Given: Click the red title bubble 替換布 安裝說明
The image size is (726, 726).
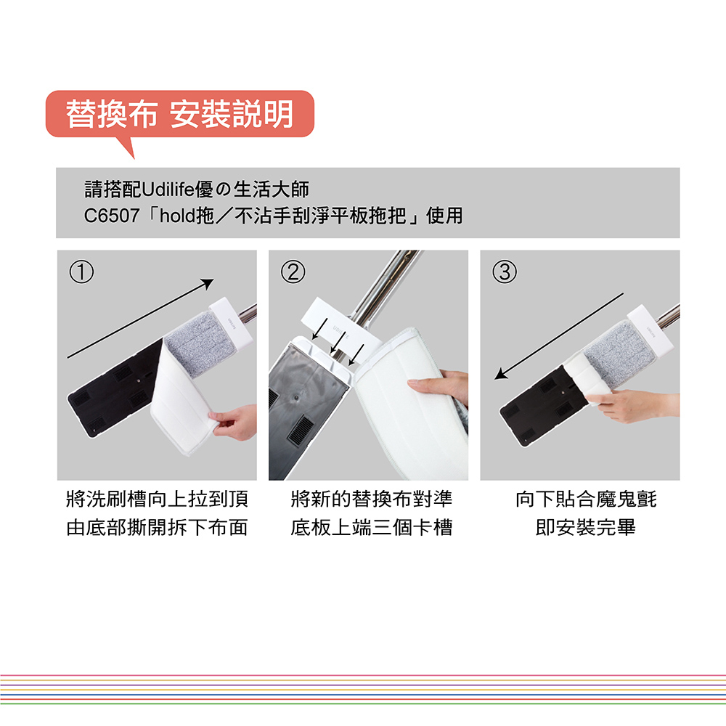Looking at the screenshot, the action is click(x=179, y=115).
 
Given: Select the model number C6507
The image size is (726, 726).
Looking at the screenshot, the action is click(x=112, y=216).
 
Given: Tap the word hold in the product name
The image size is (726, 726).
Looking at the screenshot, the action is click(x=178, y=216).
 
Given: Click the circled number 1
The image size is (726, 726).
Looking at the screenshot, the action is click(x=81, y=272).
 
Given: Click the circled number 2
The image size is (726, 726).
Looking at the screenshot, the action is click(x=293, y=272).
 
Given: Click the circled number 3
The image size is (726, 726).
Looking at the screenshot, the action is click(x=505, y=272).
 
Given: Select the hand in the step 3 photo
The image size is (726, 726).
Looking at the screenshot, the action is click(x=635, y=404).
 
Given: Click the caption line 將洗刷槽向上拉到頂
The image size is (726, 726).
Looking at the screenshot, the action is click(x=158, y=499).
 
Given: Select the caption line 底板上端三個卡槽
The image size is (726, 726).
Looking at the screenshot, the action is click(x=371, y=527).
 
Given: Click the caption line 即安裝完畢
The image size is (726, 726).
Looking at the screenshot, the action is click(x=586, y=527).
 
